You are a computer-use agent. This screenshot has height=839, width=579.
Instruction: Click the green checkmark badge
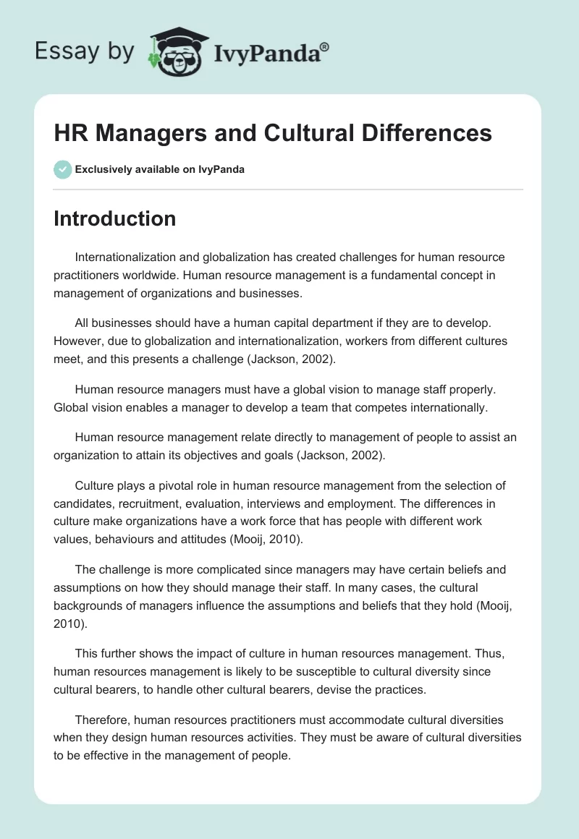point(62,169)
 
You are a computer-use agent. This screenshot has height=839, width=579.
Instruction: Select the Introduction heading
point(114,218)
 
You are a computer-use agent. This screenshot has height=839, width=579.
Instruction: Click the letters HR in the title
point(70,133)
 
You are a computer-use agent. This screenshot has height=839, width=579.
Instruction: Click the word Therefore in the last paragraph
point(103,720)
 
